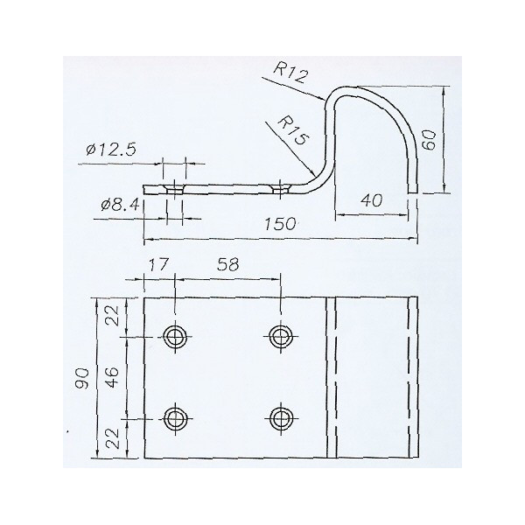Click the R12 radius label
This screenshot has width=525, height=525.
tap(290, 73)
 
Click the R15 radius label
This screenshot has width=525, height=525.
tap(291, 130)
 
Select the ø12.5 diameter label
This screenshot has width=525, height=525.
tap(111, 150)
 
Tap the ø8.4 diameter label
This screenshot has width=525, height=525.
tap(120, 204)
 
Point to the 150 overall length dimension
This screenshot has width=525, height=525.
tap(280, 224)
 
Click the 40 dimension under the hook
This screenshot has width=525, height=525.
tap(371, 200)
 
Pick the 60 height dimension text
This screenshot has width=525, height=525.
tap(430, 140)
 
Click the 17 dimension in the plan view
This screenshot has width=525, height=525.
tap(157, 264)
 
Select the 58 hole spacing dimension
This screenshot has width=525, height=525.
tap(228, 264)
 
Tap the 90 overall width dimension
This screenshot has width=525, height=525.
tap(82, 378)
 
